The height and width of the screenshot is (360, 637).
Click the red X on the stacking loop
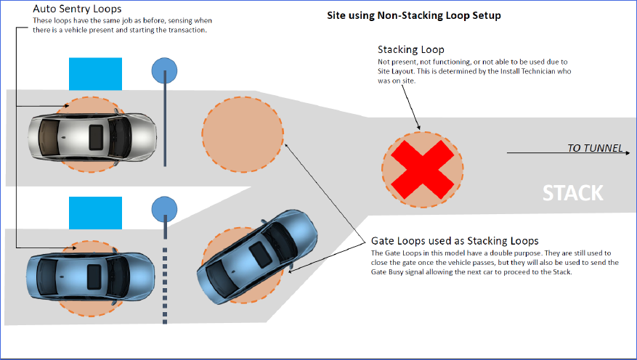point(422,164)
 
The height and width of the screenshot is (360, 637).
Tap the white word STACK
point(573,193)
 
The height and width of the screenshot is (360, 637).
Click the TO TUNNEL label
point(595,148)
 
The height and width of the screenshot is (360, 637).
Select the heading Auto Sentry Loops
point(78,9)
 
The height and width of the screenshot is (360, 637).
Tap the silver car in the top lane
point(92,134)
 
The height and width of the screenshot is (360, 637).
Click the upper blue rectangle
point(95,73)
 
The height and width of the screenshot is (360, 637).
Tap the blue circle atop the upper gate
point(164,71)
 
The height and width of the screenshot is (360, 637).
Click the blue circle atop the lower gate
point(164,209)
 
